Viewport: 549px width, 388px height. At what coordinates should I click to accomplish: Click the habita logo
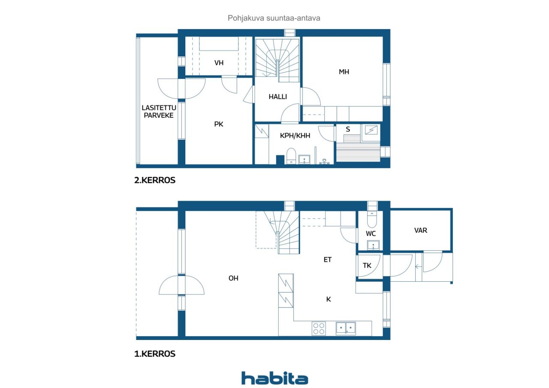(274, 378)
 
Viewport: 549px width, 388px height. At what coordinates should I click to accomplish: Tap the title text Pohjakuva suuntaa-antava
(274, 18)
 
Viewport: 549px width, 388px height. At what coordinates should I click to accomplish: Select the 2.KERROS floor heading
(155, 180)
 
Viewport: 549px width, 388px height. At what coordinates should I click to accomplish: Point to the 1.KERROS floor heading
(155, 354)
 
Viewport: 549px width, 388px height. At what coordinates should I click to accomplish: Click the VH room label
(219, 63)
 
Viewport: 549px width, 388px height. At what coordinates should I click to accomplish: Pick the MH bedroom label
(344, 72)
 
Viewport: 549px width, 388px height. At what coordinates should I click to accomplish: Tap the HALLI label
(278, 97)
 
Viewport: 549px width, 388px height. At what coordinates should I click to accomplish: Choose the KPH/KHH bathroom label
(295, 135)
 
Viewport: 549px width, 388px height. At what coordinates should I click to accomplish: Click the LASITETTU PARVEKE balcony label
(159, 111)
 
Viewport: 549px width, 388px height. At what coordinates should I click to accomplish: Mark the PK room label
(219, 124)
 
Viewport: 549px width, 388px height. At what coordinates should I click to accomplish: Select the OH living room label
(233, 278)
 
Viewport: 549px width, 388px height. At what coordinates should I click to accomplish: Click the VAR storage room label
(421, 230)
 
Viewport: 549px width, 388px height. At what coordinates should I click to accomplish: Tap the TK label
(367, 265)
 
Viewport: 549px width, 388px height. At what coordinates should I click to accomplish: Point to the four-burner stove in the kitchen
(319, 328)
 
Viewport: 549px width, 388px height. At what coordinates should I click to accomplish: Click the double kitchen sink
(346, 328)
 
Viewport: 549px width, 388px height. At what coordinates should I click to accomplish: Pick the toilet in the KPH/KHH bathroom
(291, 156)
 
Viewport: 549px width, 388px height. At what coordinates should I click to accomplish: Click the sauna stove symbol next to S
(371, 130)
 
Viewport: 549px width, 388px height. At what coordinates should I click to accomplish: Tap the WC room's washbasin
(373, 245)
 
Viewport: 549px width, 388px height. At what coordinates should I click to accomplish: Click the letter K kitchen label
(329, 299)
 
